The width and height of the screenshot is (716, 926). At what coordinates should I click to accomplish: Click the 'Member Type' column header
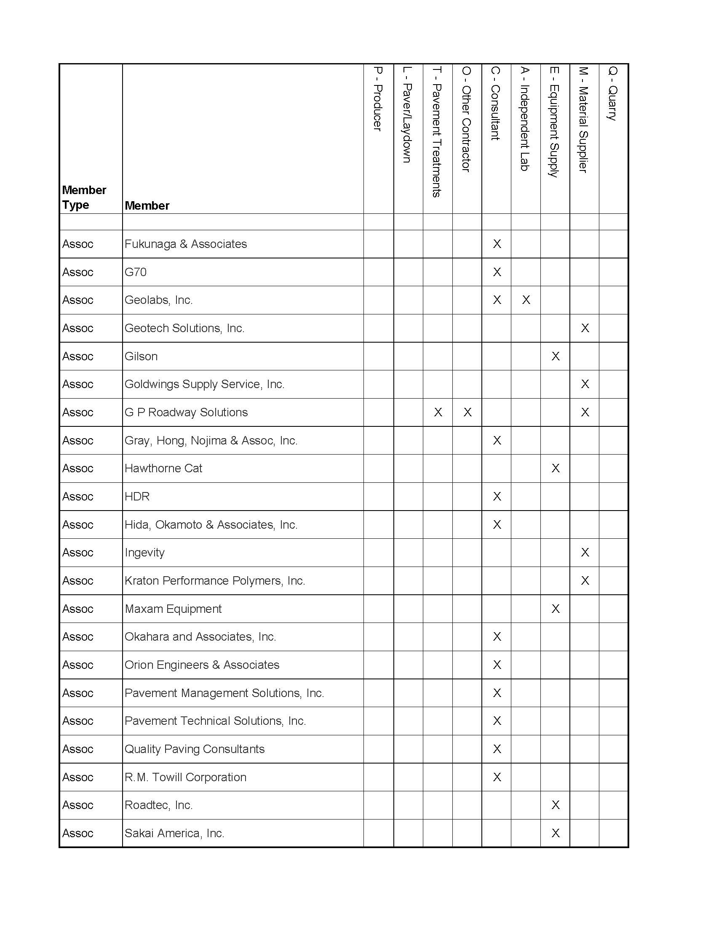[84, 197]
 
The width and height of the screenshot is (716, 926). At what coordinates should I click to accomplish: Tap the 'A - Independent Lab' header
[525, 119]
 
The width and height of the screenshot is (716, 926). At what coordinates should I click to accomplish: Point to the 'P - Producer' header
[378, 99]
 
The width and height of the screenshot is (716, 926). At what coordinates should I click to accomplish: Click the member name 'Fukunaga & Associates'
[185, 244]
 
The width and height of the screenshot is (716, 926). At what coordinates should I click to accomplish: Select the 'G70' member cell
[136, 272]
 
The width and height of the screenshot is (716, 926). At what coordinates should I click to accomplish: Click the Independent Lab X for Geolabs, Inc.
[526, 300]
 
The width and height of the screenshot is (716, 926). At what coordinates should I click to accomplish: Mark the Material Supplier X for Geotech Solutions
[585, 328]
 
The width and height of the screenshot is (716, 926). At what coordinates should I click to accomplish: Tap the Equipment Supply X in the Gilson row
[555, 356]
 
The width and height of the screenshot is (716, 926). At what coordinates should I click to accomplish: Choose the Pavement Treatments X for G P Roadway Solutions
[438, 412]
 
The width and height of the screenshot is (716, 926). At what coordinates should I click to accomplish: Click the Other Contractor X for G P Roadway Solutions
[468, 412]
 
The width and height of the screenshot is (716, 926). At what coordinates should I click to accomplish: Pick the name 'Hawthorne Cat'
[163, 468]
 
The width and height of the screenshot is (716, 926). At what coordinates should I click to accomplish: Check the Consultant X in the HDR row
[497, 497]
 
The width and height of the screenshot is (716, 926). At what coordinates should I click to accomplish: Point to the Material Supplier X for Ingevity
[585, 553]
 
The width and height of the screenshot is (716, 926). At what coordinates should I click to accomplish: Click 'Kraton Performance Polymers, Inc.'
[215, 581]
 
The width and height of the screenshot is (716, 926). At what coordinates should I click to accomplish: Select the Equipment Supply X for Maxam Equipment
[555, 609]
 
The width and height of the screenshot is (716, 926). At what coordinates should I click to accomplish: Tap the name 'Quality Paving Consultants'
[194, 749]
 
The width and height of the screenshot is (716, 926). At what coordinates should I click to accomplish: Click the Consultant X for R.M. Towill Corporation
[497, 777]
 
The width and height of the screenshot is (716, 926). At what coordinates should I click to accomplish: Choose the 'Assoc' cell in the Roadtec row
[77, 805]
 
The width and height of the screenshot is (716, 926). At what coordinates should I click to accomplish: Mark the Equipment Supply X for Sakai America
[555, 833]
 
